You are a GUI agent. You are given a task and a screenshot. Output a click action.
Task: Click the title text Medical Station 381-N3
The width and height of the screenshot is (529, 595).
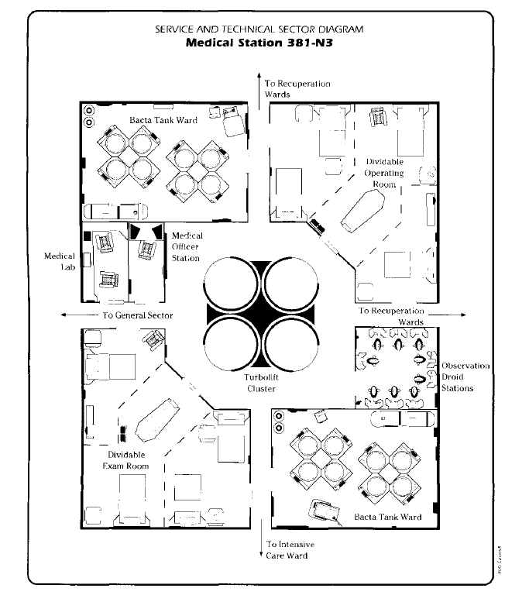click(264, 43)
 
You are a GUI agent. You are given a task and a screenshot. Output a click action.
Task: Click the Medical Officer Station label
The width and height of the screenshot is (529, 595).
click(186, 246)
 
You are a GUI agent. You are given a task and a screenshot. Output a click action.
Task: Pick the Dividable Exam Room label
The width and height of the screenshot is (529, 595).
click(125, 460)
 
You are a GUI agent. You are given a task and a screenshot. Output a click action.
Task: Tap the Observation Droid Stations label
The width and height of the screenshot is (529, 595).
click(465, 377)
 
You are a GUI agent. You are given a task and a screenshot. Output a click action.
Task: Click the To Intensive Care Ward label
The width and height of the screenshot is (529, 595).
click(287, 550)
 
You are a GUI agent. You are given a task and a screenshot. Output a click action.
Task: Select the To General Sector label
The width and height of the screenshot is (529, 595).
click(137, 315)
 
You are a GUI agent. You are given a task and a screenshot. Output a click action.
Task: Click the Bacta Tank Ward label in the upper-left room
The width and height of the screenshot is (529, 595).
click(163, 120)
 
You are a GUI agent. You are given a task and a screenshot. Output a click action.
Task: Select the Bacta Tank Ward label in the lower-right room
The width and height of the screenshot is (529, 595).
click(387, 517)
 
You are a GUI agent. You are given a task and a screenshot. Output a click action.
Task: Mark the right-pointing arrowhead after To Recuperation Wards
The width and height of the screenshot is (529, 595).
click(462, 315)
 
